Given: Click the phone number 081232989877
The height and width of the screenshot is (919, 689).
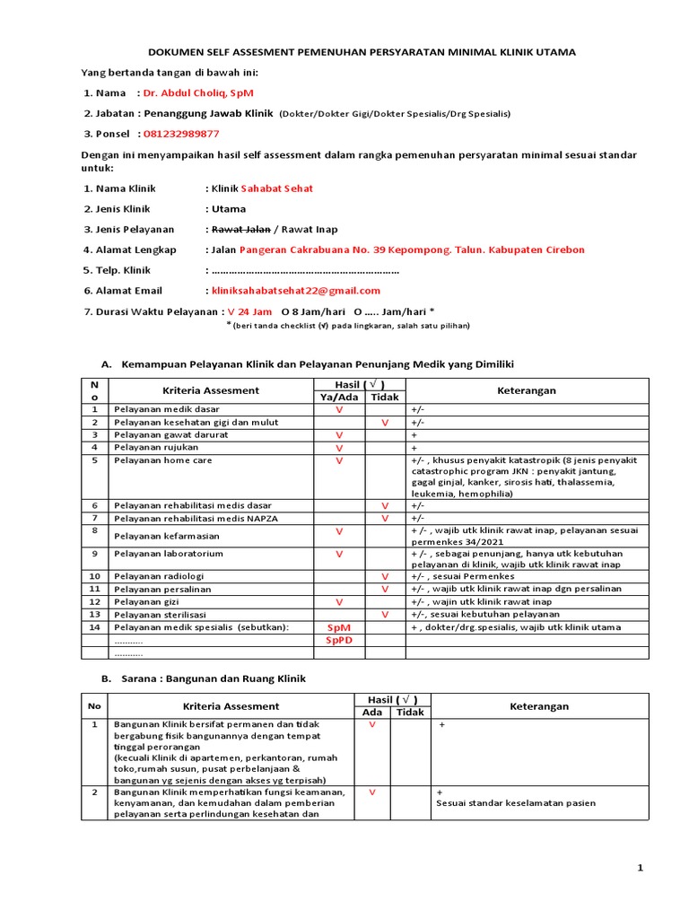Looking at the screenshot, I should tap(181, 134).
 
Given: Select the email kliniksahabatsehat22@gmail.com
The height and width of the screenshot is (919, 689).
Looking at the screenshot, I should tap(295, 290).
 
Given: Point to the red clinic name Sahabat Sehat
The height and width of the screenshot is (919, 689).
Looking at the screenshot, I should tap(275, 188).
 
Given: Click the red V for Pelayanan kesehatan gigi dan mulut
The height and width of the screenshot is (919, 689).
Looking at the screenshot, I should tap(385, 422).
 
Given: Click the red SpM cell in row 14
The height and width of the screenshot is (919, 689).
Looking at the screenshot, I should tap(339, 627).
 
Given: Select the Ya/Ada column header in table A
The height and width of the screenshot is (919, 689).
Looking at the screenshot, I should tap(338, 397).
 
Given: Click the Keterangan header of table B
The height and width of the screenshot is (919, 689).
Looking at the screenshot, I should tap(539, 706).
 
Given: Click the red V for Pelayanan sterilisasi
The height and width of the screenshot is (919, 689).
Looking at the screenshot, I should tap(385, 614).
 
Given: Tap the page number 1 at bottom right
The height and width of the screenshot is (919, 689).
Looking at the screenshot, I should tap(641, 868).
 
